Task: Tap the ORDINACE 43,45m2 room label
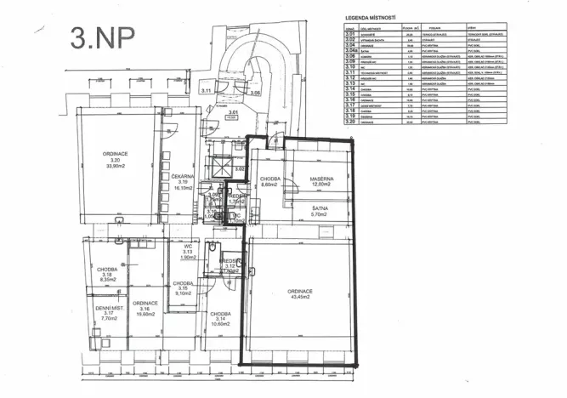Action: coord(302,293)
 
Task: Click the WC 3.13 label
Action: coord(189,252)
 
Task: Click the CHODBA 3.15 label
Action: coord(183,288)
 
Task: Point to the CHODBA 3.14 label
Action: coord(223,318)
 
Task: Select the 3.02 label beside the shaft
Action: coord(239,169)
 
